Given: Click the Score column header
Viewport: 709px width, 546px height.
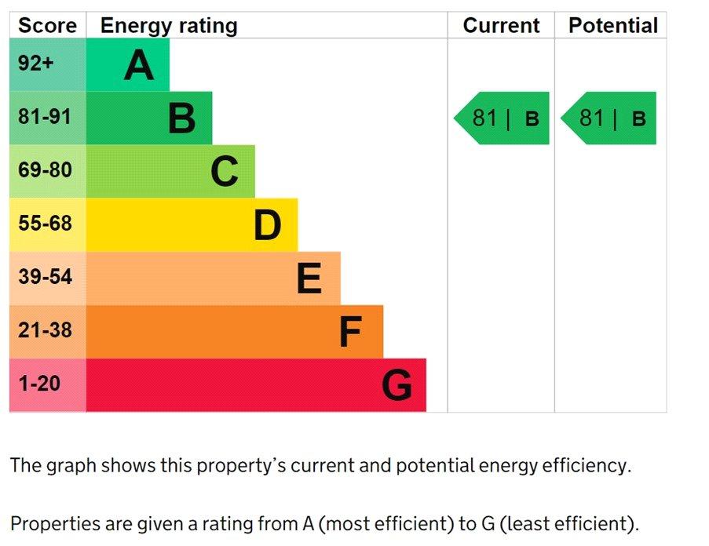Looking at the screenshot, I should [x=47, y=25].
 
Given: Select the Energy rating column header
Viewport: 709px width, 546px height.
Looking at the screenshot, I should [x=168, y=25].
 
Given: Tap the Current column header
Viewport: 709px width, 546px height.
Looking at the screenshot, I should [x=501, y=25].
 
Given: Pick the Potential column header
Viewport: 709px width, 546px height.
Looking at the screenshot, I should [x=612, y=25].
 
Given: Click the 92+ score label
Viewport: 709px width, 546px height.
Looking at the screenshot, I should [x=36, y=64].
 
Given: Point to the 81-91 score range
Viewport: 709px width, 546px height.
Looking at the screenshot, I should [x=45, y=117].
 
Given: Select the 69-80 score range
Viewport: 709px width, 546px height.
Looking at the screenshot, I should [x=45, y=170].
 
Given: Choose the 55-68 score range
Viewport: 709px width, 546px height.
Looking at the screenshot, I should [x=45, y=224].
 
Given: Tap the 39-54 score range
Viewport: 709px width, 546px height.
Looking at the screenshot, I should [x=45, y=277].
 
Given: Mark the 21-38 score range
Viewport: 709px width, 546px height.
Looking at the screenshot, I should [x=45, y=330].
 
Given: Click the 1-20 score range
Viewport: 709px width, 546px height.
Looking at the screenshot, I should [x=39, y=384].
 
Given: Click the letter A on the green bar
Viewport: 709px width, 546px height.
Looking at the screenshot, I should [x=139, y=65].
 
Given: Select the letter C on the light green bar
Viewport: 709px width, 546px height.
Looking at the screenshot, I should [x=224, y=172].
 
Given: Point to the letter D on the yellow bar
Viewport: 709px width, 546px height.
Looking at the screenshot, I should [x=267, y=226].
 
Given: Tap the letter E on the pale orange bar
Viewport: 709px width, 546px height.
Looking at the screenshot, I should [x=309, y=278].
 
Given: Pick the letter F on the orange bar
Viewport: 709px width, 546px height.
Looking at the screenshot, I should [x=350, y=333].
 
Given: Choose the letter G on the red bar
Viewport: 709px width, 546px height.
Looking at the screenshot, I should [x=397, y=386].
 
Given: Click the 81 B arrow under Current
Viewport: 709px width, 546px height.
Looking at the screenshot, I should [x=503, y=118].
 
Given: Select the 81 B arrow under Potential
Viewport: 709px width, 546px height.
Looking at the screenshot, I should [x=609, y=118].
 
